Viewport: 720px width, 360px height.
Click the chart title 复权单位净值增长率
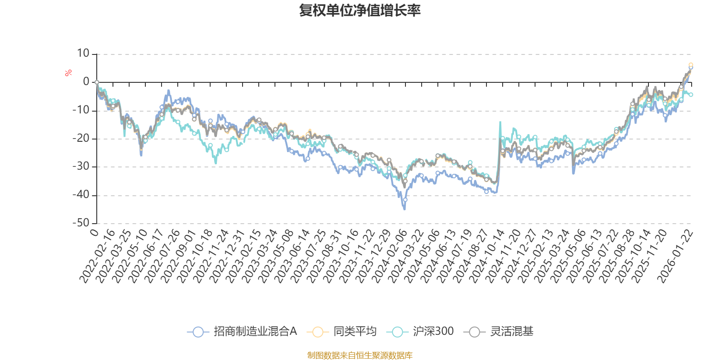click(x=360, y=10)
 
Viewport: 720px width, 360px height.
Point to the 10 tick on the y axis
click(x=83, y=54)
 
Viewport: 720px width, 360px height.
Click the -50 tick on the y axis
click(x=81, y=223)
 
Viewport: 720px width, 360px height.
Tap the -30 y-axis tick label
click(x=81, y=166)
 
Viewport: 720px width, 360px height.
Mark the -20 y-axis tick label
click(x=81, y=138)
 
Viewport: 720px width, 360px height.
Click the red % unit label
click(x=68, y=73)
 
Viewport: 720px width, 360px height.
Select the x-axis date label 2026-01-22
click(x=675, y=256)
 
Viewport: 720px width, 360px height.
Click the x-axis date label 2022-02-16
click(x=97, y=256)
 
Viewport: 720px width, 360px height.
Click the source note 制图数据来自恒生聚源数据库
click(x=360, y=355)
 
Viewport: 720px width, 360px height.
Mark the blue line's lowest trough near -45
click(x=405, y=209)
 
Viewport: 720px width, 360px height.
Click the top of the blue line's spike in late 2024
click(x=499, y=121)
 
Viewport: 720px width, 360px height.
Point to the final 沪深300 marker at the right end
click(x=691, y=94)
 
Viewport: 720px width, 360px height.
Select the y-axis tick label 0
click(x=86, y=82)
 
